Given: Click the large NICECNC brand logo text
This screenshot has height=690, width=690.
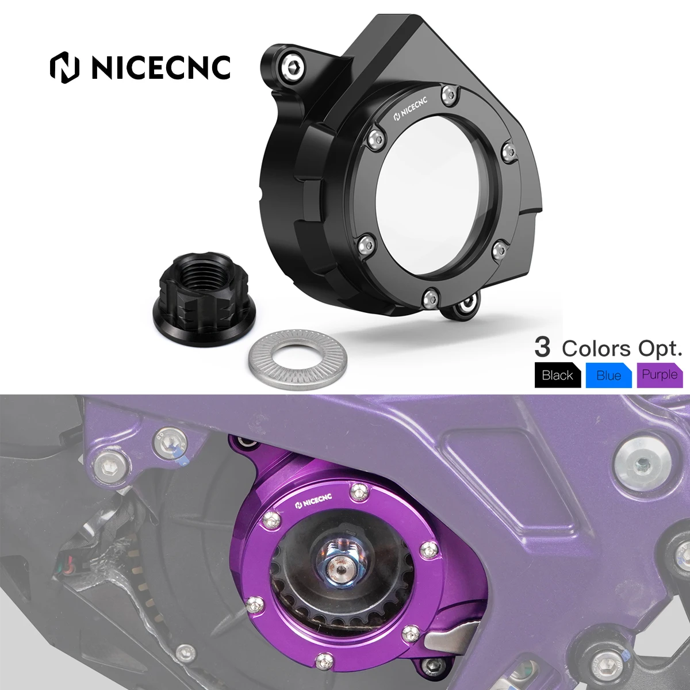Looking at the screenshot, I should coord(141,67).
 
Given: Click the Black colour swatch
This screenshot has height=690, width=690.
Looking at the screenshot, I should coord(557,375).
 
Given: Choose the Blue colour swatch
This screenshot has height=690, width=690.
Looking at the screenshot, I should coord(608,375).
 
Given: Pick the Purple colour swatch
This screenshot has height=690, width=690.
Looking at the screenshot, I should coord(660,375).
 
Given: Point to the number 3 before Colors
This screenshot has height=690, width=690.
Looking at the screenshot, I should coord(542,347).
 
